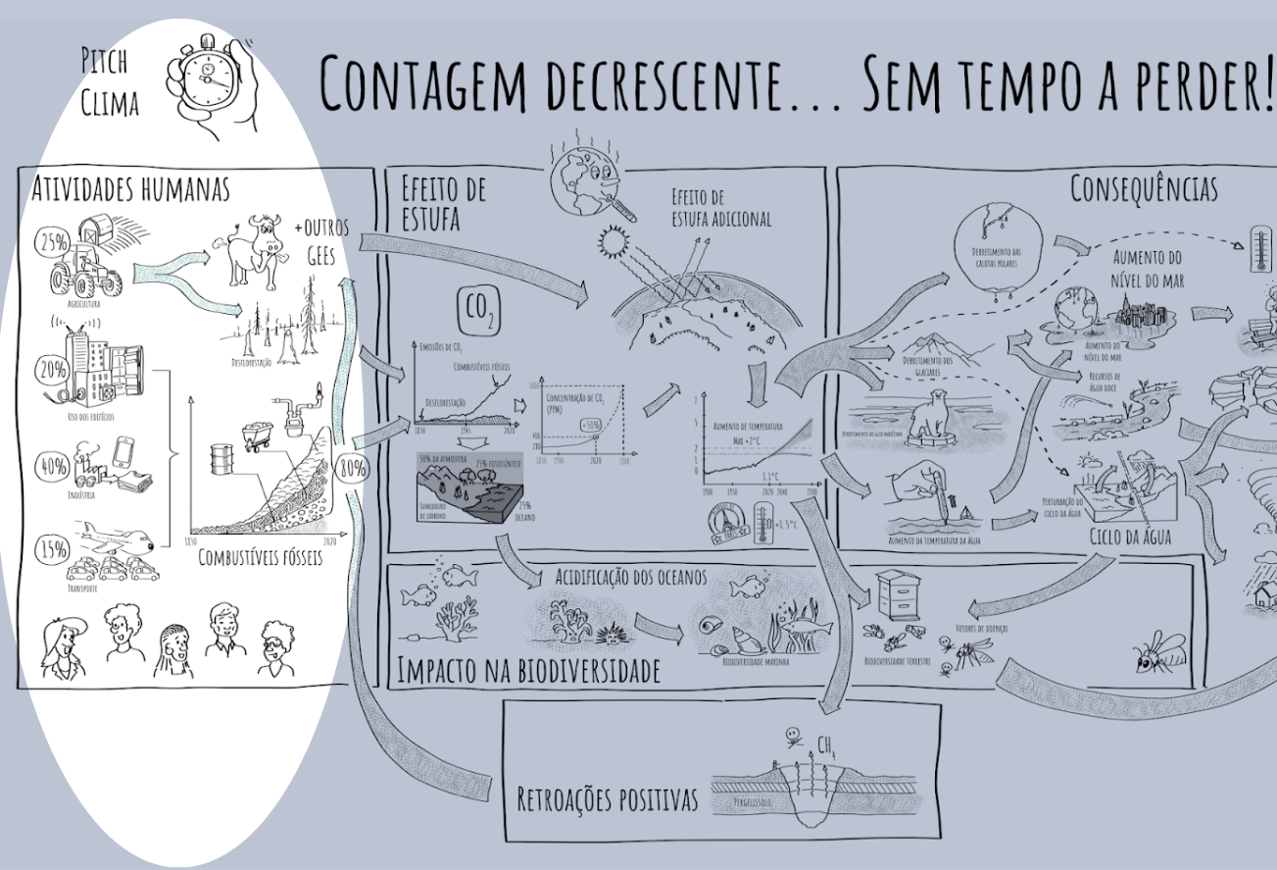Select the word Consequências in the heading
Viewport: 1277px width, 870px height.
[1144, 189]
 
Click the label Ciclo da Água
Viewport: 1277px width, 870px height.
[1130, 536]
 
